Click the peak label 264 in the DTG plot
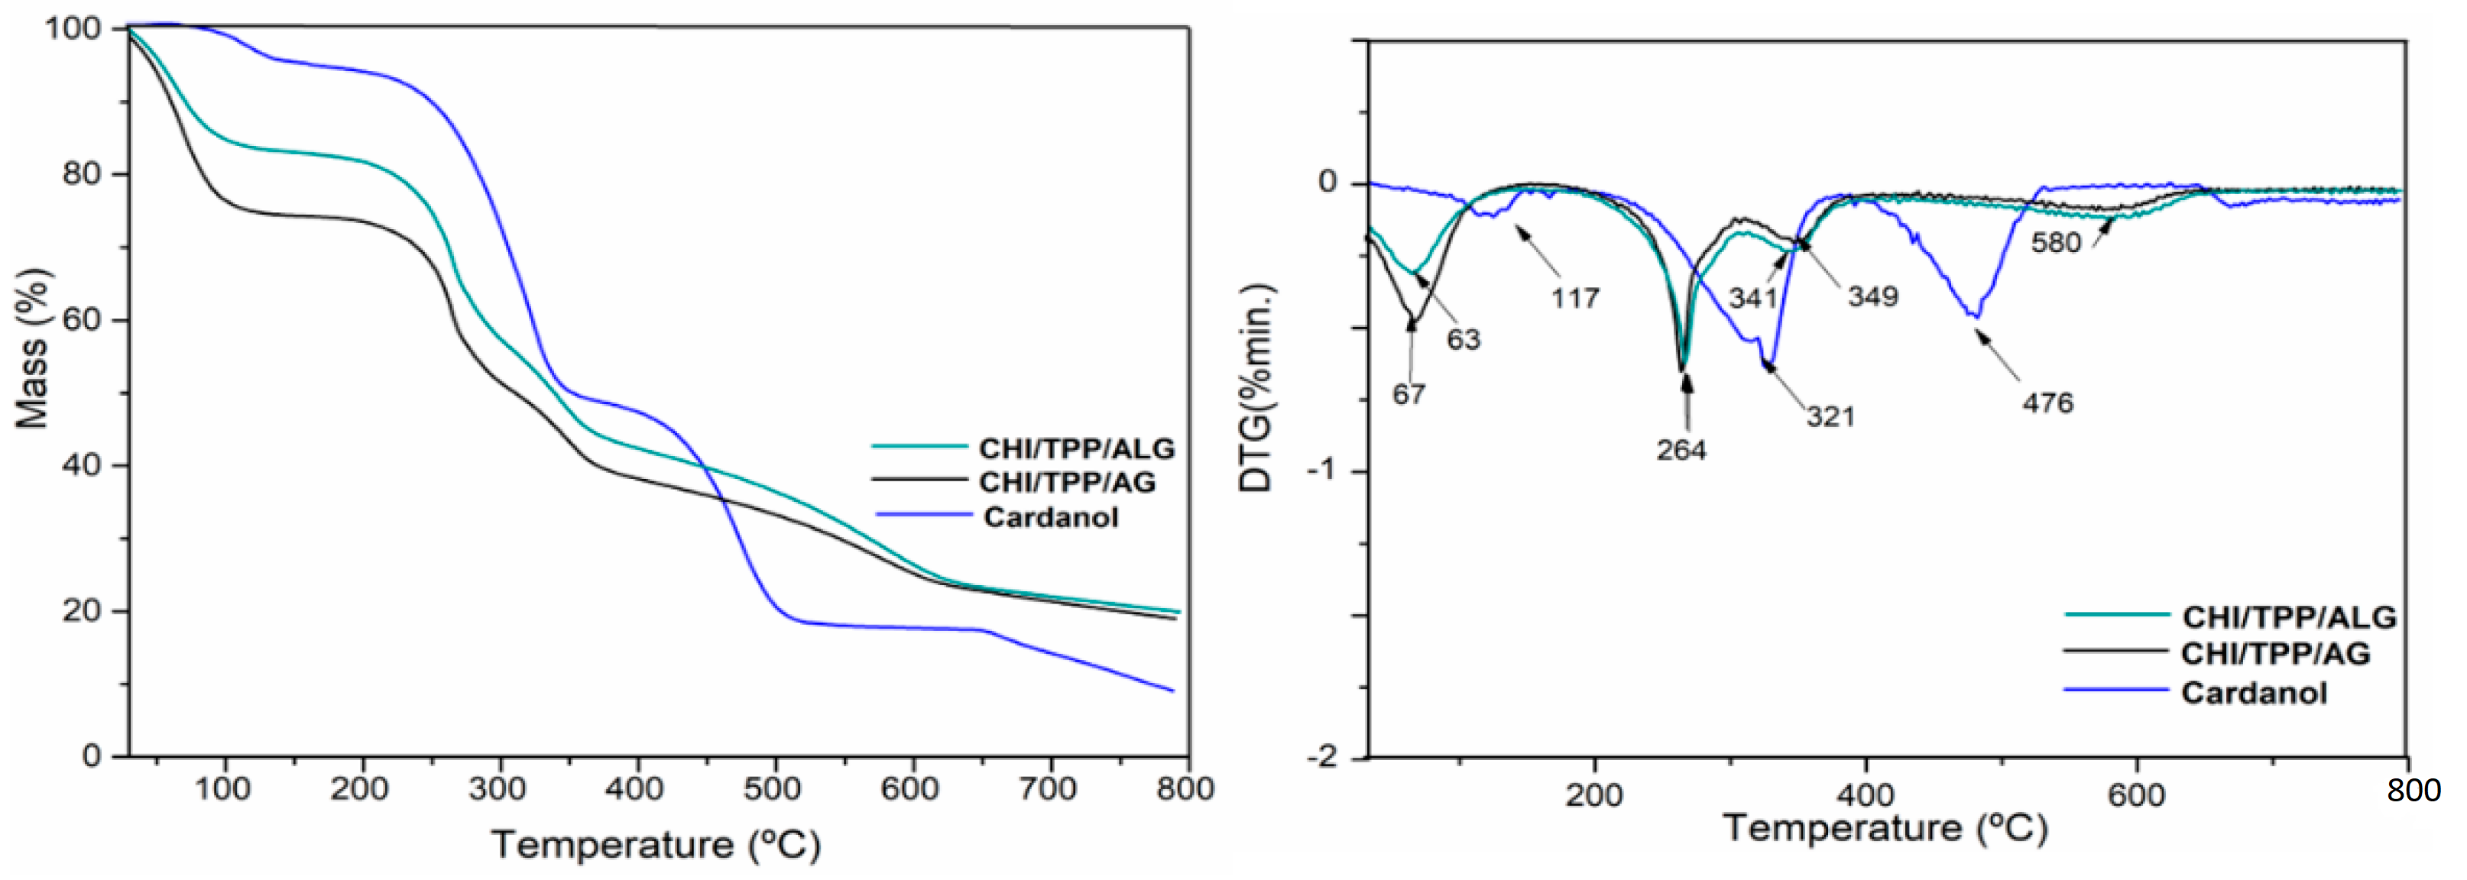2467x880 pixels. click(1681, 450)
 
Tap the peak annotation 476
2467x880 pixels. click(2047, 403)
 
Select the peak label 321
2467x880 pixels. click(1831, 416)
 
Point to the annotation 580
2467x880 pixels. click(2056, 243)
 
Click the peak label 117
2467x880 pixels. click(1574, 299)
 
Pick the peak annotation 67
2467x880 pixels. click(1409, 394)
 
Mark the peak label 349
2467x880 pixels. click(1872, 297)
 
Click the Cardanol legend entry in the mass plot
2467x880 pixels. click(1051, 518)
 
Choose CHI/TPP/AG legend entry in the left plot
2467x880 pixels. click(1067, 482)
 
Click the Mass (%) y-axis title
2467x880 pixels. click(33, 347)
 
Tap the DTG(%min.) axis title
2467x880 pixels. click(1256, 388)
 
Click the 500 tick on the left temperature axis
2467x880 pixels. click(772, 790)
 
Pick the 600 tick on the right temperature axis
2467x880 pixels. click(2135, 796)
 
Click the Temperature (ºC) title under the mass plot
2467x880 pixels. click(656, 845)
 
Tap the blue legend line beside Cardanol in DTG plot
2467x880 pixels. click(2115, 691)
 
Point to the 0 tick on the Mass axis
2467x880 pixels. click(92, 756)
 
